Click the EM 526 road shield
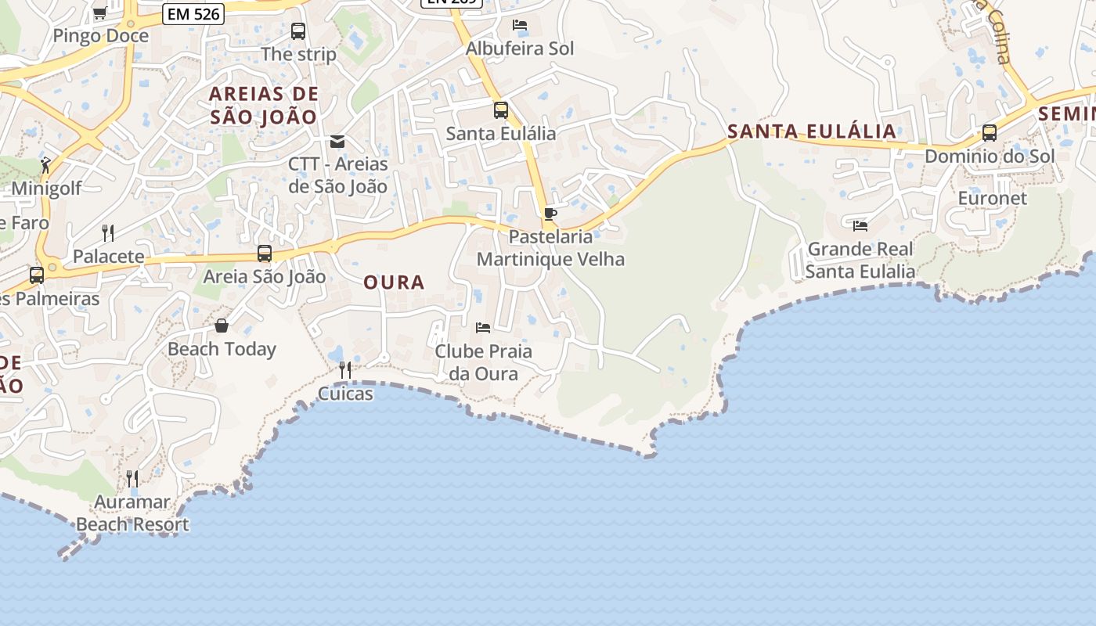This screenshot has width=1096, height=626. coord(194,13)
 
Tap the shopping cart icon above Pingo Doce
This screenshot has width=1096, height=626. coord(100,13)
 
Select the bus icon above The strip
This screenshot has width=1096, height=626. coord(298,31)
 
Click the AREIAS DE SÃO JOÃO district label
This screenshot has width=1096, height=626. coord(264,106)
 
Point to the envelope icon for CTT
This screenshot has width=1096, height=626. coord(337,142)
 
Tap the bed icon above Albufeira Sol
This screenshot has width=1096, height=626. coord(519,25)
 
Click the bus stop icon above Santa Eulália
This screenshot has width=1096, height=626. coord(501,110)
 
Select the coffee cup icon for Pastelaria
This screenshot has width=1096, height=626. coord(550,214)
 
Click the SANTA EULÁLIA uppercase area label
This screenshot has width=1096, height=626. coord(812,131)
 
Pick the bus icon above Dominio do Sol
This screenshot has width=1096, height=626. coord(990,133)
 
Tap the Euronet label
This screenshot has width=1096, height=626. coord(992,198)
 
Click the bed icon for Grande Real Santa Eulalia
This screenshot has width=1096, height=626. coord(860,226)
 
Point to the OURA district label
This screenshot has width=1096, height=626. coord(394,282)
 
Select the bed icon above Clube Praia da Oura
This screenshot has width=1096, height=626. coord(483,327)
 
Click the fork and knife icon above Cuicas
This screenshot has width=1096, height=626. coord(345,369)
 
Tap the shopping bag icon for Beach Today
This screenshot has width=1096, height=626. coord(222,326)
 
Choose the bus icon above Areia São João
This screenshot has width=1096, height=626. coord(265,254)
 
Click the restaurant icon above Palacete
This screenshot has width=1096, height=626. coord(108,232)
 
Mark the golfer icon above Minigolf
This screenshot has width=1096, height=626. coord(45,165)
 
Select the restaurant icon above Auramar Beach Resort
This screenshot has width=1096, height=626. coord(132,478)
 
